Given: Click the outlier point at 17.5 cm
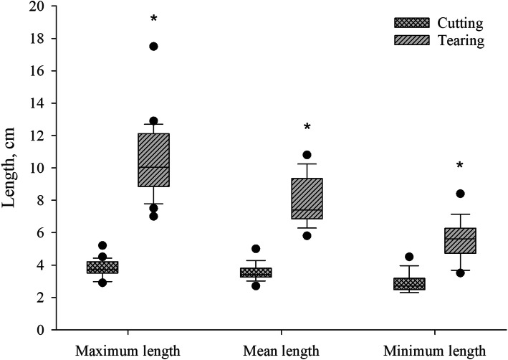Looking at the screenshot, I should point(153,47).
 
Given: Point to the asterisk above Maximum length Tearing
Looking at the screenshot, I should point(153,19).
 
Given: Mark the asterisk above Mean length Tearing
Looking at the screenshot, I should point(307,128).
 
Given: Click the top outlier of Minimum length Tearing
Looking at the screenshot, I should point(460,194).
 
